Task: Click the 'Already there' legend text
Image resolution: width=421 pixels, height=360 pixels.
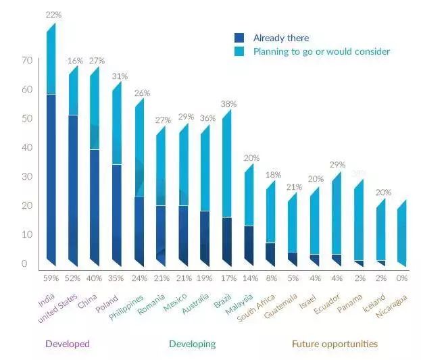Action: click(280, 38)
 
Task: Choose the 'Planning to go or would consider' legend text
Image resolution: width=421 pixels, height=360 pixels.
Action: click(322, 51)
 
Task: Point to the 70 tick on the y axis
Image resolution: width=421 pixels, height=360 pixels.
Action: click(27, 60)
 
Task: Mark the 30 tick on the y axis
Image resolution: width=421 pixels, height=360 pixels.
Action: click(27, 176)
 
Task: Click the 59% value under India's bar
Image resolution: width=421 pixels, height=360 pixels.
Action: click(51, 278)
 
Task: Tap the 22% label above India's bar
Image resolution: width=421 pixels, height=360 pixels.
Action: click(51, 15)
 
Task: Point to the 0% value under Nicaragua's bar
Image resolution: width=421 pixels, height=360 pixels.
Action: click(402, 278)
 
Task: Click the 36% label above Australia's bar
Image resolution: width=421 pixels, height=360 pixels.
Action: click(206, 118)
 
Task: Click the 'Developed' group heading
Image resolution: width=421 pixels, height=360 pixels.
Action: click(67, 344)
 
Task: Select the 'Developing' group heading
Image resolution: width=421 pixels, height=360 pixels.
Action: click(192, 344)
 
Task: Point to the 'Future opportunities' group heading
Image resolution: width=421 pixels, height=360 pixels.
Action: click(335, 344)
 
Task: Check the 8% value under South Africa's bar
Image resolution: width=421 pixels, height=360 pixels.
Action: click(270, 278)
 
